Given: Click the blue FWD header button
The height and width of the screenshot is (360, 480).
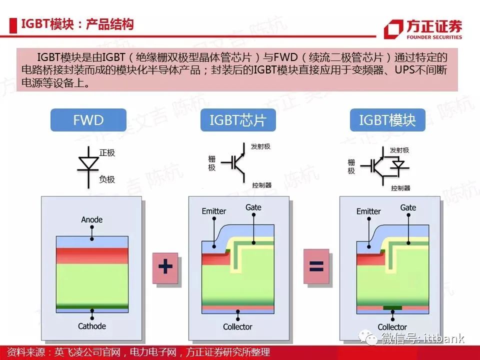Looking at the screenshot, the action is [x=88, y=120].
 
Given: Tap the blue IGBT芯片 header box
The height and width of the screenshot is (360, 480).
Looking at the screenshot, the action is [x=238, y=120].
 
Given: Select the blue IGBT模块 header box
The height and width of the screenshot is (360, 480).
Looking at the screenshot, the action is [x=387, y=120].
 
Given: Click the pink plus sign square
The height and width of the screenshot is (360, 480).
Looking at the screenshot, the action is [x=165, y=268].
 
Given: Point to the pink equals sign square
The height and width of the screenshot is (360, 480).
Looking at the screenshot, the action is [x=316, y=266].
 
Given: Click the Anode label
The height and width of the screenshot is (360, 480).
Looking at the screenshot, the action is [x=92, y=219].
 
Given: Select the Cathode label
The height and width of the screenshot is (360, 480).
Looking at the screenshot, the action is [x=92, y=326].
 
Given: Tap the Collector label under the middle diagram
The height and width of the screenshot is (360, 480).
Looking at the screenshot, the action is [x=237, y=327].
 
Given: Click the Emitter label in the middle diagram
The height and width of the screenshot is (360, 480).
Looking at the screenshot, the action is [x=213, y=211].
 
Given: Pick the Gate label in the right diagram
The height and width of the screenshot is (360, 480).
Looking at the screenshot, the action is [x=408, y=207].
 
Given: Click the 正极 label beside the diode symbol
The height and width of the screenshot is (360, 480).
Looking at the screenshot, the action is [x=107, y=153].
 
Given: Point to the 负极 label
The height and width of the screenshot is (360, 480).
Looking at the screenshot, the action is [x=107, y=179].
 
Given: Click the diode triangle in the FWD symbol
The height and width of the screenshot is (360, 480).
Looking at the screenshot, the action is [x=89, y=163].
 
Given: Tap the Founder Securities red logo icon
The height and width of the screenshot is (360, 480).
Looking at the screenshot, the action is [x=393, y=29].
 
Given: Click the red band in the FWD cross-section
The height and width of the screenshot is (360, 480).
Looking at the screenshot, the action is [x=92, y=255].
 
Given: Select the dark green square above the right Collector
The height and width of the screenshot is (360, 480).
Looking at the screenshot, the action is [x=392, y=307].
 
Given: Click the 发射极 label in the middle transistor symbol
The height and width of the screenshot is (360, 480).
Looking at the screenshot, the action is [x=260, y=146].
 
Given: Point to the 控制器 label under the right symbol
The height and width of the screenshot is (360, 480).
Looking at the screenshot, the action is [x=400, y=188].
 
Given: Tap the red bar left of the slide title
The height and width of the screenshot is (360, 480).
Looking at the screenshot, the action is [x=13, y=25].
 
